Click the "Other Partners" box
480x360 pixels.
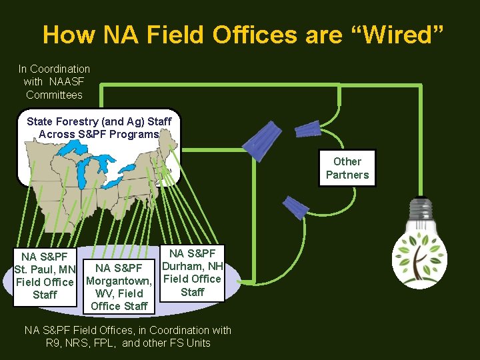[x=347, y=168]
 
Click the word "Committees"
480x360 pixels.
[x=54, y=95]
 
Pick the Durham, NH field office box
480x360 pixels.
[x=192, y=273]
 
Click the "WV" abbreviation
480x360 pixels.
[x=103, y=293]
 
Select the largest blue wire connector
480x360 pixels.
[x=260, y=139]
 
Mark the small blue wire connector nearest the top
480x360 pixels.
[x=308, y=127]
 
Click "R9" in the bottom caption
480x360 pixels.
[x=53, y=343]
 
